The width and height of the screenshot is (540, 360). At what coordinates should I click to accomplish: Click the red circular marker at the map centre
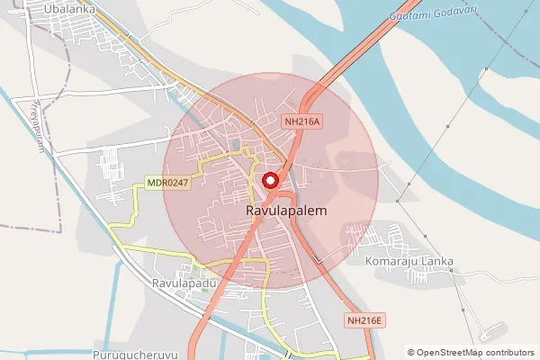click(x=270, y=181)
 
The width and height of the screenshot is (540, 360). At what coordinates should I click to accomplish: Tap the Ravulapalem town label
click(x=285, y=210)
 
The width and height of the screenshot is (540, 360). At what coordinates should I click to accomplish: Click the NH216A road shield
click(x=302, y=121)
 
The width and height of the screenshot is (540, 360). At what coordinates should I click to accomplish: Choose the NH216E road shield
click(x=365, y=320)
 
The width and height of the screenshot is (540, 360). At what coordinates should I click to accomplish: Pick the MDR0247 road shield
click(x=167, y=184)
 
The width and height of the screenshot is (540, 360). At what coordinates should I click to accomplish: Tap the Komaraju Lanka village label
click(x=409, y=262)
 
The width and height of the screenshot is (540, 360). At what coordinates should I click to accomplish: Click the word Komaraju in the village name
click(x=393, y=262)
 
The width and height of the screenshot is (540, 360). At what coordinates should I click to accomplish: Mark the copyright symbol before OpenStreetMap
click(x=411, y=353)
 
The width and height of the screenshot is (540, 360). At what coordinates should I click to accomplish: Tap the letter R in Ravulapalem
click(x=249, y=210)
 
